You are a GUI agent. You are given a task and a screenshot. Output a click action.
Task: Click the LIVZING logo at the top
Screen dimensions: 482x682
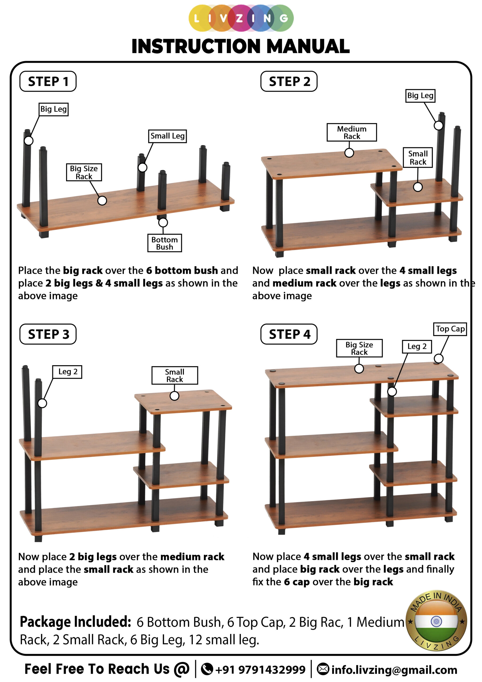pyautogui.click(x=241, y=18)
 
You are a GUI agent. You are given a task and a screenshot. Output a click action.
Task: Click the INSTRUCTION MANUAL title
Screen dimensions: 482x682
pyautogui.click(x=240, y=46)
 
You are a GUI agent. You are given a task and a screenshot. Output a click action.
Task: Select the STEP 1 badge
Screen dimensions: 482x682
pyautogui.click(x=48, y=82)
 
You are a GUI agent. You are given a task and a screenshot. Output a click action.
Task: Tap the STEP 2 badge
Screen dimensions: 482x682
pyautogui.click(x=289, y=82)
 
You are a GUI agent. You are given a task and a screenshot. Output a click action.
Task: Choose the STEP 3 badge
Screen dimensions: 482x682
pyautogui.click(x=48, y=334)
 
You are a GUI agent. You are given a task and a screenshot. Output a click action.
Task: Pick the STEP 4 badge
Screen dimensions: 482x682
pyautogui.click(x=289, y=334)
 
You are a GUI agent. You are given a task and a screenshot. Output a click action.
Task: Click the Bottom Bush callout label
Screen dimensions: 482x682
pyautogui.click(x=165, y=243)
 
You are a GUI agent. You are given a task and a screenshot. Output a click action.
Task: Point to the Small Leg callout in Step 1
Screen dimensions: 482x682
pyautogui.click(x=168, y=136)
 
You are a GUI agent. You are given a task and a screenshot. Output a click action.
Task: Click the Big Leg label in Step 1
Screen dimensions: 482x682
pyautogui.click(x=54, y=109)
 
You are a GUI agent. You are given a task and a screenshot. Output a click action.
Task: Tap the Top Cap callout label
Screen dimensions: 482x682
pyautogui.click(x=450, y=329)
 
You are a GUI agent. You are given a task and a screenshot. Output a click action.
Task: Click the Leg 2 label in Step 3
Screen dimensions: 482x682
pyautogui.click(x=67, y=372)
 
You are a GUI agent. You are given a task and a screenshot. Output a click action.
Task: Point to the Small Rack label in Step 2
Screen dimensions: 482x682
pyautogui.click(x=418, y=157)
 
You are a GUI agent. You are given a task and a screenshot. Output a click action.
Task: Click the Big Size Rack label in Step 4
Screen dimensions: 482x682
pyautogui.click(x=359, y=348)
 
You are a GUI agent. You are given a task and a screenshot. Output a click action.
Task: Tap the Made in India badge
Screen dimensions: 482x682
pyautogui.click(x=436, y=620)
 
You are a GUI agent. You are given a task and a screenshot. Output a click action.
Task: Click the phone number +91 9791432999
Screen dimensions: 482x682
pyautogui.click(x=260, y=669)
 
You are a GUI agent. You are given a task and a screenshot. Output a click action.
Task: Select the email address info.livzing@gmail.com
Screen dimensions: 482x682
pyautogui.click(x=394, y=670)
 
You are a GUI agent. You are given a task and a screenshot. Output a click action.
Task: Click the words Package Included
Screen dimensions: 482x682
pyautogui.click(x=75, y=622)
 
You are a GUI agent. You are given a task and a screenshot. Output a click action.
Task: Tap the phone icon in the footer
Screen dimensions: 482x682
pyautogui.click(x=207, y=669)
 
